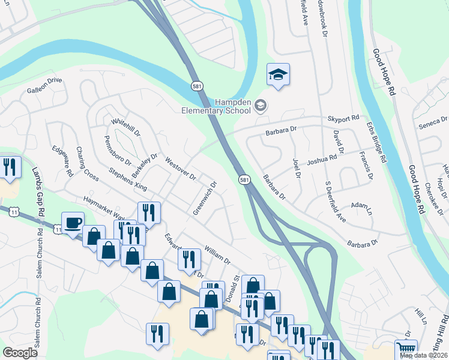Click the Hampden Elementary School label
(217, 106)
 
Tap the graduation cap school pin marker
(278, 75)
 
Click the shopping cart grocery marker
(406, 349)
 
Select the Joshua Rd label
(322, 159)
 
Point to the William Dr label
(217, 254)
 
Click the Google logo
(20, 353)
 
